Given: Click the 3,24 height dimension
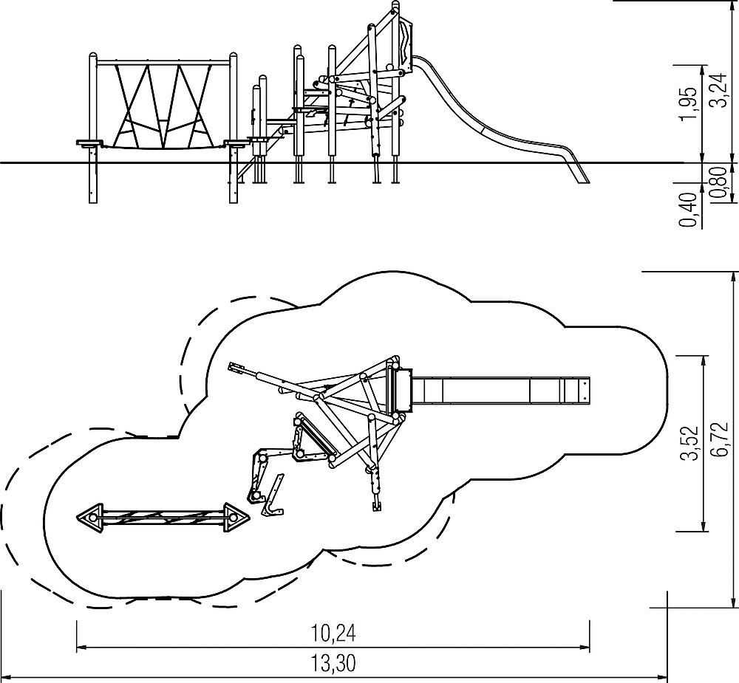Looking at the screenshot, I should tap(717, 89).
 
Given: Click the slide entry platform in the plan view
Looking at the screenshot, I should tap(402, 391).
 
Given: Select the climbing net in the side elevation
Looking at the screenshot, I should tap(163, 107).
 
